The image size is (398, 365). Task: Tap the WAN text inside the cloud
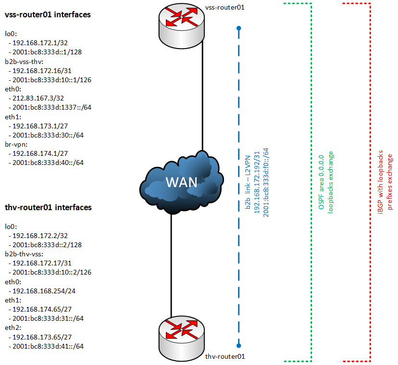coord(181,182)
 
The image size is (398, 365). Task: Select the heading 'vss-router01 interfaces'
coord(48,15)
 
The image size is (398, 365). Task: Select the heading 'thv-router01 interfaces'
coord(48,207)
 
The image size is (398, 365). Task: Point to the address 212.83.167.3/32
coord(35,98)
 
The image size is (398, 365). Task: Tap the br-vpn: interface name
coord(17,144)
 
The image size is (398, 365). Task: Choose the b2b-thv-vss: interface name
coord(24,254)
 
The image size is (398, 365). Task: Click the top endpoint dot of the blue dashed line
coord(238,29)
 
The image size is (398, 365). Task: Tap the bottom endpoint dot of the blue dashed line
coord(238,345)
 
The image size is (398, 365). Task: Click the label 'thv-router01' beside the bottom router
coord(225,356)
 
